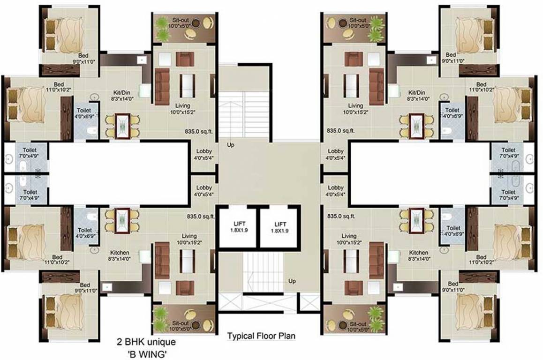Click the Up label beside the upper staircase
coord(231,145)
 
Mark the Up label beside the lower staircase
coord(292,281)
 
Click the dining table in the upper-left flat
coord(122,126)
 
